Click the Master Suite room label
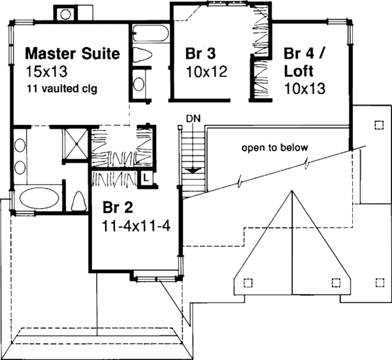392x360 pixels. coord(72,54)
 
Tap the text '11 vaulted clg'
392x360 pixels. coord(62,88)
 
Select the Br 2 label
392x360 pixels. coord(118,208)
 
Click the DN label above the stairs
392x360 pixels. coord(192,118)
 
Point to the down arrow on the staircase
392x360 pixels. coord(193,169)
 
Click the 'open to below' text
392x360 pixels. coord(274,148)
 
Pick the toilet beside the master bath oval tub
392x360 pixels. coord(78,201)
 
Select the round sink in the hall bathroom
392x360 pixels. coord(140,84)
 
